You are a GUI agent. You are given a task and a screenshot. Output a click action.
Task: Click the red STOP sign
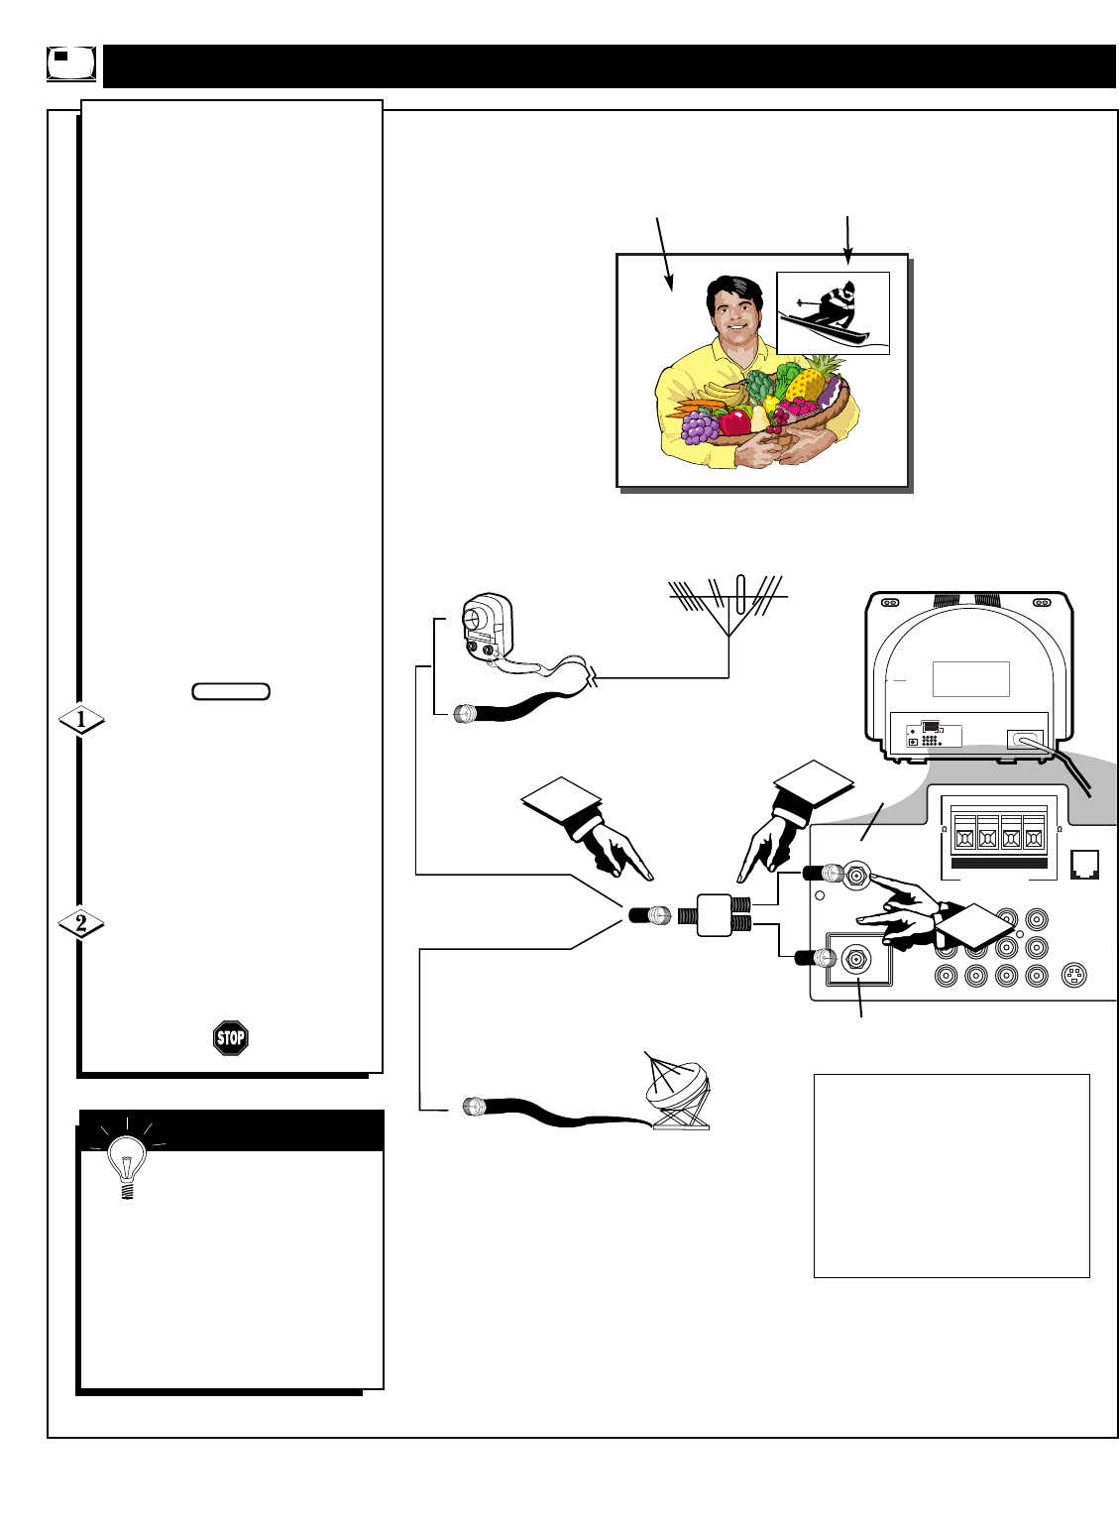[x=230, y=1038]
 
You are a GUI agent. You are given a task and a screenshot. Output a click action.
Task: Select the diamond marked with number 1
[x=81, y=719]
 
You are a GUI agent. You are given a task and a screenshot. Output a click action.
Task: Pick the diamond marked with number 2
[x=81, y=924]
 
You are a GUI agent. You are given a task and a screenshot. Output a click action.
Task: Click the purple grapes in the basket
[x=700, y=426]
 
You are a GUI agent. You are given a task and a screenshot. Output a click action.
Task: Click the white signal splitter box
[x=712, y=915]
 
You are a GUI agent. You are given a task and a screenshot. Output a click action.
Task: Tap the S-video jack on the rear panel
[x=1073, y=976]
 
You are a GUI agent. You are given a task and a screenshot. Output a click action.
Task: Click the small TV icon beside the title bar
[x=71, y=63]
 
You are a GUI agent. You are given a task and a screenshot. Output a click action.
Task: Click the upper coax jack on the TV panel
[x=853, y=875]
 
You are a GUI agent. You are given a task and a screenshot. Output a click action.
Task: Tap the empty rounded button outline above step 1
[x=231, y=691]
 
